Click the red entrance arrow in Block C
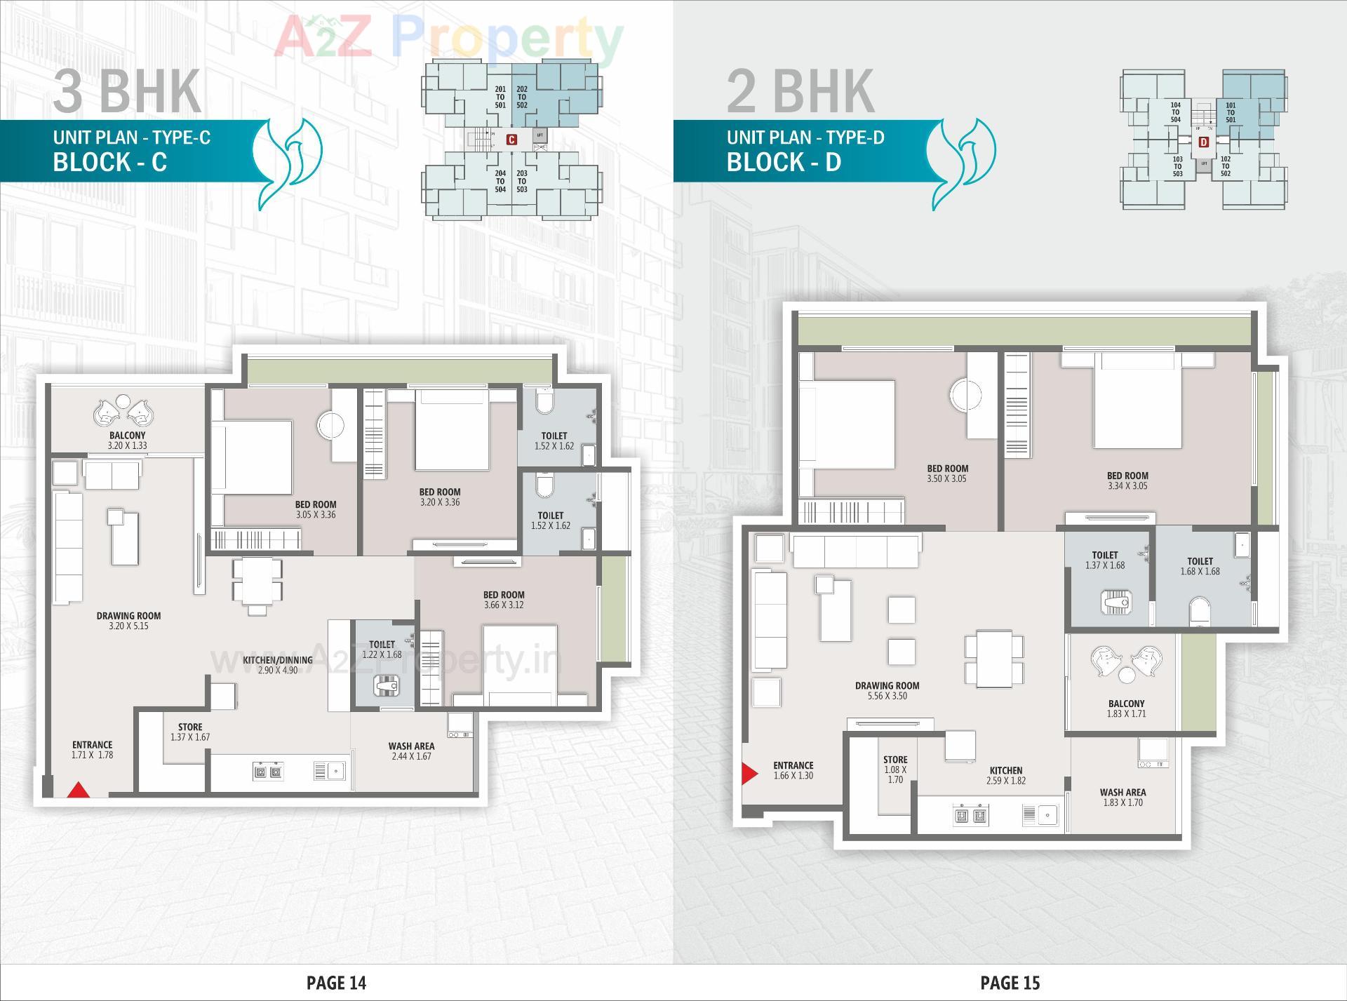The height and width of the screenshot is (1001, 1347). [x=79, y=790]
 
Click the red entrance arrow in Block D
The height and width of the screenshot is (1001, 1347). [x=750, y=774]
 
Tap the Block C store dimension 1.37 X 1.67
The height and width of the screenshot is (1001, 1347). [x=190, y=732]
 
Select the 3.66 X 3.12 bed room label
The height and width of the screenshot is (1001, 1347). [x=504, y=600]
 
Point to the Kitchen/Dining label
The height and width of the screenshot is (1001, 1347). [x=278, y=665]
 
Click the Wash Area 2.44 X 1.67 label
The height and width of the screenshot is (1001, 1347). [x=411, y=751]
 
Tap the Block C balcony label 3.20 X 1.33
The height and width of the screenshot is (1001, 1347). [x=128, y=441]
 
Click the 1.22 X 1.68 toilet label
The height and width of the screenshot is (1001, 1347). [x=382, y=650]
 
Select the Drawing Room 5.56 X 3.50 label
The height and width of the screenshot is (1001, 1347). [x=887, y=691]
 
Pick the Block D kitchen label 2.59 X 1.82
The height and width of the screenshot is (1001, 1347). [x=1006, y=775]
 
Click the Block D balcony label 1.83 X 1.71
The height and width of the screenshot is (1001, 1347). [x=1126, y=708]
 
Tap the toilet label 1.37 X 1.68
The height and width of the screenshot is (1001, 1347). [x=1105, y=560]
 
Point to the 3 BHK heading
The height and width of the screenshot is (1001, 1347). [x=127, y=91]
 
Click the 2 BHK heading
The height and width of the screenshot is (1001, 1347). [x=800, y=91]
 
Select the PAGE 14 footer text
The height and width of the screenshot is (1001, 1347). [x=336, y=983]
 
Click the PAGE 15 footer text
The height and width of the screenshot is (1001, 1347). [x=1010, y=983]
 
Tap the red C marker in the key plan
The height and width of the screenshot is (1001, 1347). [x=512, y=140]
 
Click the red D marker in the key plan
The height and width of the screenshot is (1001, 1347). [x=1204, y=142]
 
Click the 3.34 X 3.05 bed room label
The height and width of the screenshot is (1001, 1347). [x=1127, y=481]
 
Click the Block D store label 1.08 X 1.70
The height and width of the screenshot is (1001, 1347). [x=895, y=770]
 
